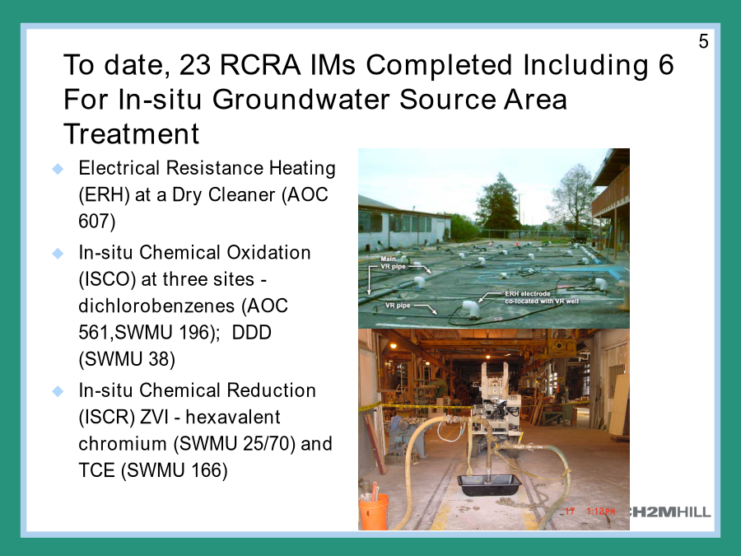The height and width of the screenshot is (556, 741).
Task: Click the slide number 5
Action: (703, 42)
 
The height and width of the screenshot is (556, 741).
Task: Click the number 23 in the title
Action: (194, 65)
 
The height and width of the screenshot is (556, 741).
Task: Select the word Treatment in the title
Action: (132, 133)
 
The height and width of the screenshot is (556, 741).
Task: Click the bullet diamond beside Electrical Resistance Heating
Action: (58, 169)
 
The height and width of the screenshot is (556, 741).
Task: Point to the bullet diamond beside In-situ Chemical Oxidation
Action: (58, 254)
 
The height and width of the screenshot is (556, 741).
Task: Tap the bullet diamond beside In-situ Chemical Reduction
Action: (58, 391)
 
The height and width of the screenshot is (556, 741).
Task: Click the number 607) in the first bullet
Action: (97, 222)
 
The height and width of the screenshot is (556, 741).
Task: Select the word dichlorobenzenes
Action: (156, 306)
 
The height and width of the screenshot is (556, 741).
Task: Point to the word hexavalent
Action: (233, 417)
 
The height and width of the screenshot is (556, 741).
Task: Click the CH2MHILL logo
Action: (670, 512)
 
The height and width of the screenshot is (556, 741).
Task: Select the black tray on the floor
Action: (490, 484)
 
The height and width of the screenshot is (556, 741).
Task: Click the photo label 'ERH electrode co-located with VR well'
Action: (542, 297)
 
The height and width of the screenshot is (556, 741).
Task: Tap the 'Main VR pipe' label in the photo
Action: (393, 263)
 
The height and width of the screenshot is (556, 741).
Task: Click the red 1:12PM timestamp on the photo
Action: (601, 511)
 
